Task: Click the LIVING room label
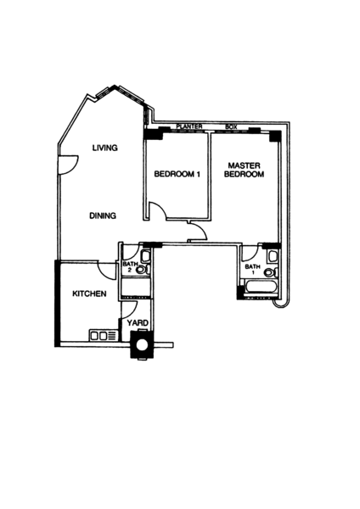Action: (x=105, y=148)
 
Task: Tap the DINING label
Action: (x=103, y=215)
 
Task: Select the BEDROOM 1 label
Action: (x=177, y=174)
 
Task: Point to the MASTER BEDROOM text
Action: (x=244, y=170)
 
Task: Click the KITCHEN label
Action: (x=89, y=294)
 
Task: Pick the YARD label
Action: (x=138, y=323)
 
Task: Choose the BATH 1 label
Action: (x=252, y=270)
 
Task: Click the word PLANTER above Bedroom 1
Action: (x=189, y=126)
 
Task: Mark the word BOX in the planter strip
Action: (x=231, y=127)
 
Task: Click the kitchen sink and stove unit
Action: (x=104, y=336)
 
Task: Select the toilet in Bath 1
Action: (x=271, y=272)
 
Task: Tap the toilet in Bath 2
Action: (x=143, y=269)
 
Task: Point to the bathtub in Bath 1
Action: (x=261, y=288)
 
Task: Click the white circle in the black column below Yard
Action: (x=142, y=344)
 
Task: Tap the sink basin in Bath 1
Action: (x=273, y=256)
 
